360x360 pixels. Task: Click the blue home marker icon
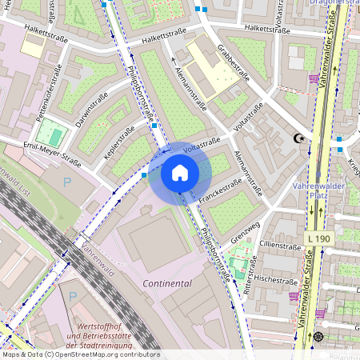point(180,173)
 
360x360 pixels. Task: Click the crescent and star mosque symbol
point(301,138)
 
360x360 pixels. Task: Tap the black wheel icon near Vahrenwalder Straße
point(318,336)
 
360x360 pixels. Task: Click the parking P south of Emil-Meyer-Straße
point(66,182)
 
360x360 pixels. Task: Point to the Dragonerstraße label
point(334,3)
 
